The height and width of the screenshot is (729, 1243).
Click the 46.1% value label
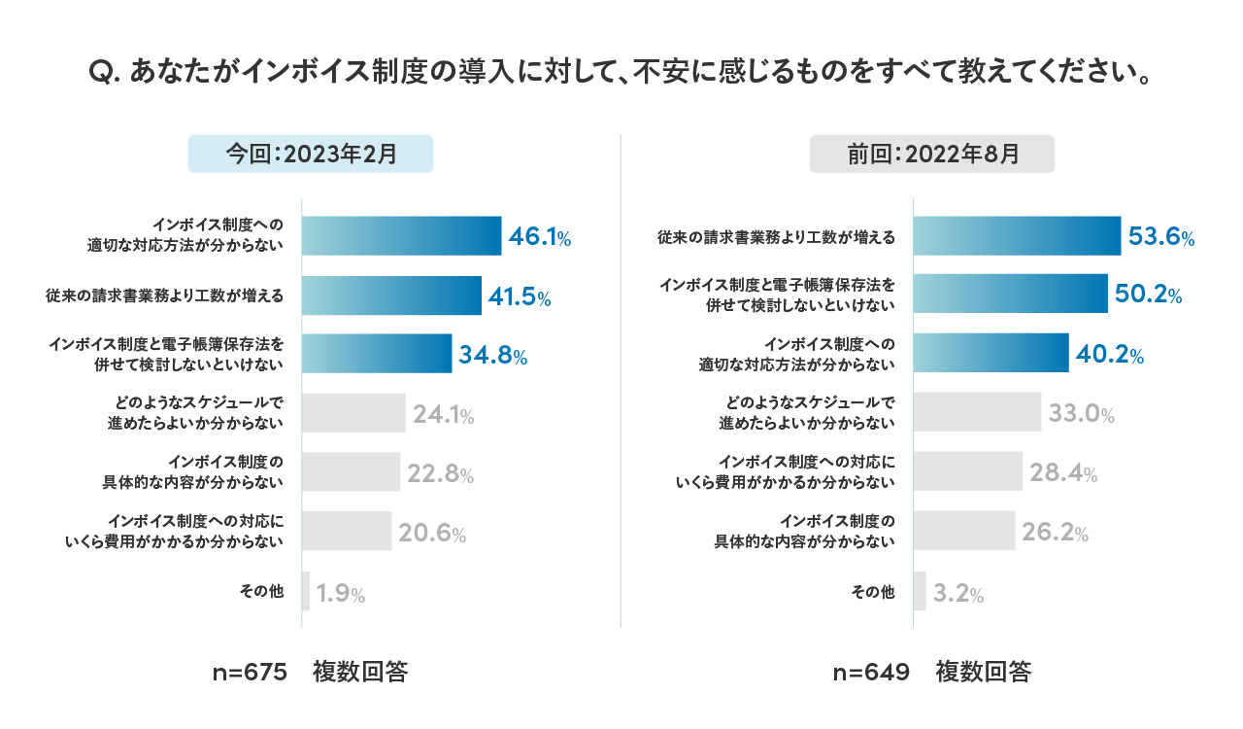point(540,236)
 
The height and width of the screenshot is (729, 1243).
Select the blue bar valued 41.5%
point(391,295)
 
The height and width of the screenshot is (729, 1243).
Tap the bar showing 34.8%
point(377,354)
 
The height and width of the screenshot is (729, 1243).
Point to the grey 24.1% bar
point(353,412)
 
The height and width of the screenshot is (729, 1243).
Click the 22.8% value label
point(441,474)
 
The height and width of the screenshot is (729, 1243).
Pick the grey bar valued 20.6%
point(347,531)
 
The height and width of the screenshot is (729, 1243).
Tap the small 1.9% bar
point(306,591)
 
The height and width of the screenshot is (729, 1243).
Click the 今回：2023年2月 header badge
point(311,154)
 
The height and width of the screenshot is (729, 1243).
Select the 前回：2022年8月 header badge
point(932,154)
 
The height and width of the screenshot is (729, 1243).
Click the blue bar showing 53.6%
point(1017,236)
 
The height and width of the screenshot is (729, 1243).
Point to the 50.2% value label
point(1149,295)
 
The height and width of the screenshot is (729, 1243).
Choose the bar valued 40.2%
point(991,354)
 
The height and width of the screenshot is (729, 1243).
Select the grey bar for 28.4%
point(968,471)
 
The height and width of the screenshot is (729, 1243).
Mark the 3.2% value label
point(958,594)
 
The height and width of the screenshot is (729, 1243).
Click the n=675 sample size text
point(251,673)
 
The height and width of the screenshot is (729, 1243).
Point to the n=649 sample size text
point(872,673)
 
